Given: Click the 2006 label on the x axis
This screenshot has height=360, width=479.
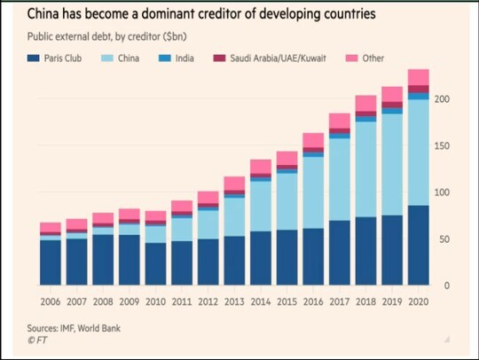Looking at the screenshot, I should point(51,301).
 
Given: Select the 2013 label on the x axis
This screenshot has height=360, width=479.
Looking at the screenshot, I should point(235,301).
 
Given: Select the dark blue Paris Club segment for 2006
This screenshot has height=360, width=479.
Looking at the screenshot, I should point(51,262).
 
